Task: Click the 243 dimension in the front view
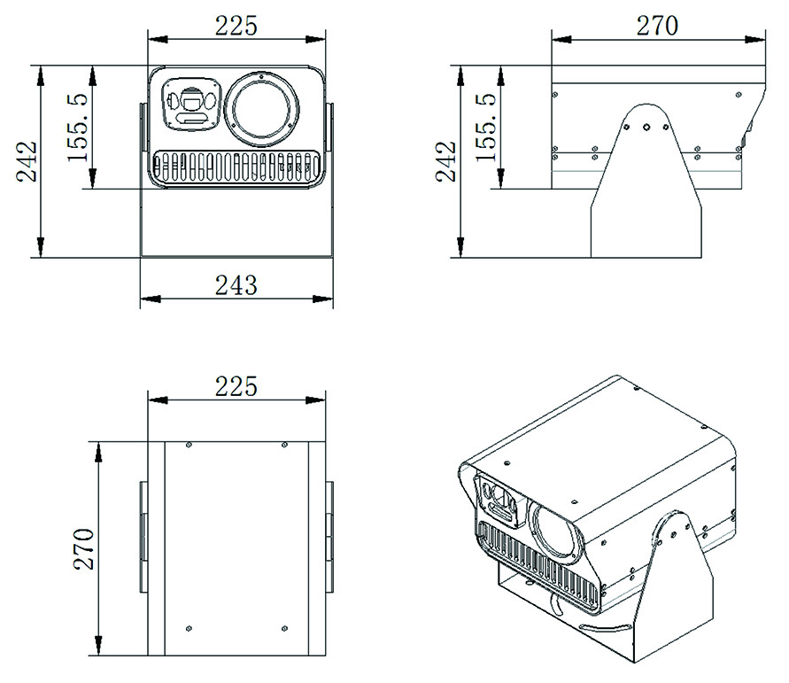pos(236,285)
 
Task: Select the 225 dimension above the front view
pos(236,26)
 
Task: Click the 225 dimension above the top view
pos(236,386)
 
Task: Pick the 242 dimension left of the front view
pos(28,161)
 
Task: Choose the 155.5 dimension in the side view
pos(484,128)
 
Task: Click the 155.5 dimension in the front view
pos(79,128)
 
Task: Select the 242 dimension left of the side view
pos(448,161)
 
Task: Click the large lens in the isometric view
pos(554,532)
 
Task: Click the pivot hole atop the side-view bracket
pos(647,126)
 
